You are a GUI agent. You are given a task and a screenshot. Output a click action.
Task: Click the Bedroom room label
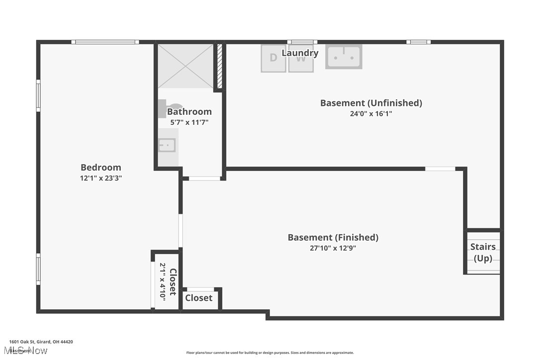pos(101,168)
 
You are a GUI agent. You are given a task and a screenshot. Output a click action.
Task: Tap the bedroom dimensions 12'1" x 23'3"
pos(101,178)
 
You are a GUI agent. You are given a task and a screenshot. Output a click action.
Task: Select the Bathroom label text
pos(189,112)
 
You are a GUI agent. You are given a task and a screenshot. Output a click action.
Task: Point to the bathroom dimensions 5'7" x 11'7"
pos(189,122)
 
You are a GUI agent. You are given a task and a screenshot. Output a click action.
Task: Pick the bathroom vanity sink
pos(167,145)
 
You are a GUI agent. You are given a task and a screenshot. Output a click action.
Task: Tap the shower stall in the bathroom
pos(185,66)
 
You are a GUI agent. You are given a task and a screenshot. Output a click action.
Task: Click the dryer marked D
pos(273,59)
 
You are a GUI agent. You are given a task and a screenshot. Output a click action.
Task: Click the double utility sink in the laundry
pos(344,56)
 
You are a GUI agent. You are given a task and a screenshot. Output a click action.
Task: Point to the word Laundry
pos(300,53)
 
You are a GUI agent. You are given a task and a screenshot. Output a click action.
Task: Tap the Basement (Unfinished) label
pos(371,103)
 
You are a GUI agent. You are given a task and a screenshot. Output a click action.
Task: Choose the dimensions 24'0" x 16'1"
pos(371,113)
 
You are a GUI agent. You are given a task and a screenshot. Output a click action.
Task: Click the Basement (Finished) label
pos(333,238)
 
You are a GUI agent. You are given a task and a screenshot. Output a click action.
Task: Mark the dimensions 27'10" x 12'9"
pos(333,248)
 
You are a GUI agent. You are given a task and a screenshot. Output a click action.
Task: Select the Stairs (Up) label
pos(483,253)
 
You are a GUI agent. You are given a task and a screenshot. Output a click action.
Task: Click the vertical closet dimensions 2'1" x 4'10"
pos(163,281)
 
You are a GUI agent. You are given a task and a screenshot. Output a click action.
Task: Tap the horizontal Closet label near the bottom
pos(199,298)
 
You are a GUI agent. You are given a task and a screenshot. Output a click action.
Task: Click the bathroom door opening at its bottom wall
pos(204,178)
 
